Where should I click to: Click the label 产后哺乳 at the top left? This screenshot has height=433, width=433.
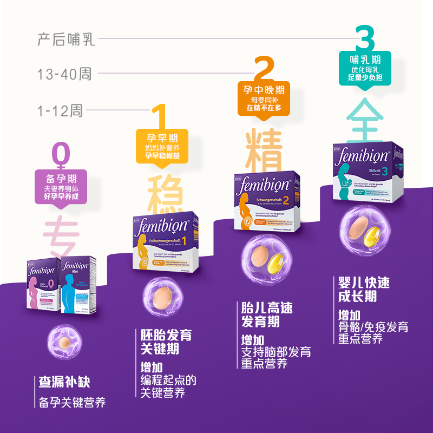(x=66, y=39)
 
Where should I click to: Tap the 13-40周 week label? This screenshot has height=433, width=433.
(x=64, y=74)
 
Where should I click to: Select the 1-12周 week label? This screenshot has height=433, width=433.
(x=60, y=111)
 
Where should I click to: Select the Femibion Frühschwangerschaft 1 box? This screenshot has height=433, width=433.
(x=165, y=243)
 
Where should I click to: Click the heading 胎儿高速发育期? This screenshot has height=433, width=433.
(x=267, y=314)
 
